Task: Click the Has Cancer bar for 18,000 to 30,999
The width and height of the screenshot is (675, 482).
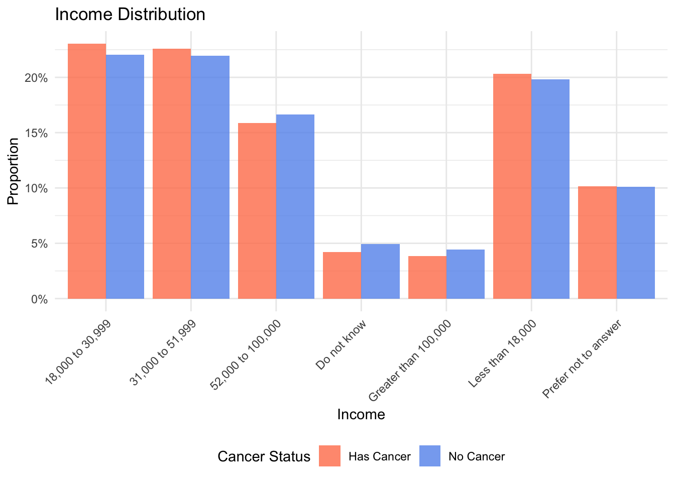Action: point(87,171)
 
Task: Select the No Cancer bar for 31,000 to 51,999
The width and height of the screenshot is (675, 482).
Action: point(210,177)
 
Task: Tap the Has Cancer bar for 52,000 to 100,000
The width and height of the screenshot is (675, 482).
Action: point(257,211)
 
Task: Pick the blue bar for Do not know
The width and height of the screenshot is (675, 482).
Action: point(380,271)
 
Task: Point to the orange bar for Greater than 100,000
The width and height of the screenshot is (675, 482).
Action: point(427,277)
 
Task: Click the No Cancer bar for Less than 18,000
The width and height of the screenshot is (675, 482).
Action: point(550,189)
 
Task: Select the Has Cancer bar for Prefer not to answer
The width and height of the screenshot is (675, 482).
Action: point(597,243)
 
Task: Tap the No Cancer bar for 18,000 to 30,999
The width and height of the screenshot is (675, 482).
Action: point(125,177)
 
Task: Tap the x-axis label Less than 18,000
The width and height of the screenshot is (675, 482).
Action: point(502,354)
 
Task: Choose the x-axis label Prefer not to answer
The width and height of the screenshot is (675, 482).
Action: point(583,359)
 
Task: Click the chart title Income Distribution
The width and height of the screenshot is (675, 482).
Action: point(130,14)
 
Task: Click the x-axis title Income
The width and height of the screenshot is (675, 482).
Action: point(361,414)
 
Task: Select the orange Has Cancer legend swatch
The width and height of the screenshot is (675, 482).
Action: point(329,456)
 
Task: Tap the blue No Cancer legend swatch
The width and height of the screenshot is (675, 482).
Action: point(430,456)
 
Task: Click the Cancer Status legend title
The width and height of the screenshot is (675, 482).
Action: point(264,456)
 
